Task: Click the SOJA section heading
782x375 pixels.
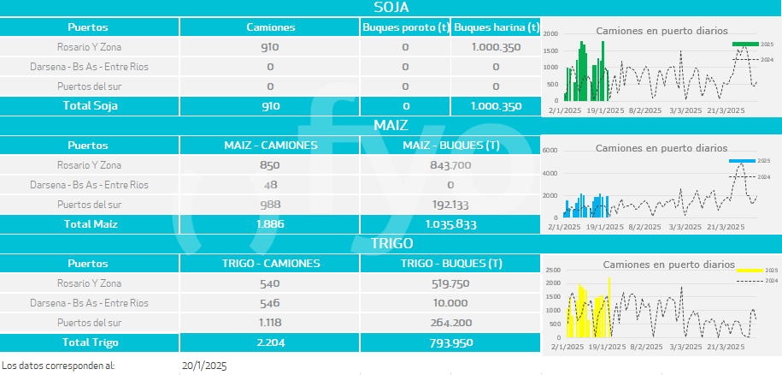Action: coord(391,8)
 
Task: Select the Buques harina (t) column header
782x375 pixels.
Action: coord(496,27)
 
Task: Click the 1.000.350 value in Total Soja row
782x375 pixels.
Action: coord(496,106)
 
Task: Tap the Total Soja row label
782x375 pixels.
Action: coord(90,106)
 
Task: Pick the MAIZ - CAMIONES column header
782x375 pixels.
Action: coord(270,145)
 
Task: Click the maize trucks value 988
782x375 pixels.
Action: coord(270,205)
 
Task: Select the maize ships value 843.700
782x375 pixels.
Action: coord(450,164)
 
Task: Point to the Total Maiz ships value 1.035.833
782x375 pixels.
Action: coord(450,224)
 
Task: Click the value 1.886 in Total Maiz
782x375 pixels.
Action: coord(270,224)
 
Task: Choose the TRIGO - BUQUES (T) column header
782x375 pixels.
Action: coord(450,263)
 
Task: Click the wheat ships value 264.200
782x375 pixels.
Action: coord(450,323)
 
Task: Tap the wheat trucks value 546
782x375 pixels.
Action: coord(270,303)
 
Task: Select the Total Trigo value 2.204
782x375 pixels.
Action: coord(270,342)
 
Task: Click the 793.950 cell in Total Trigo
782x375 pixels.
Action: coord(450,342)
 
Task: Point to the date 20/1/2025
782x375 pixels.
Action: coord(204,366)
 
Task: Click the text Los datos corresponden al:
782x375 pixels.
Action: coord(58,366)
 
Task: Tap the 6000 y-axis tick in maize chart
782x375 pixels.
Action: coord(550,150)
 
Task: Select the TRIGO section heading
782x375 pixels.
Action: coord(391,243)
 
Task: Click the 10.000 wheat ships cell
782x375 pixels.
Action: coord(450,303)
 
